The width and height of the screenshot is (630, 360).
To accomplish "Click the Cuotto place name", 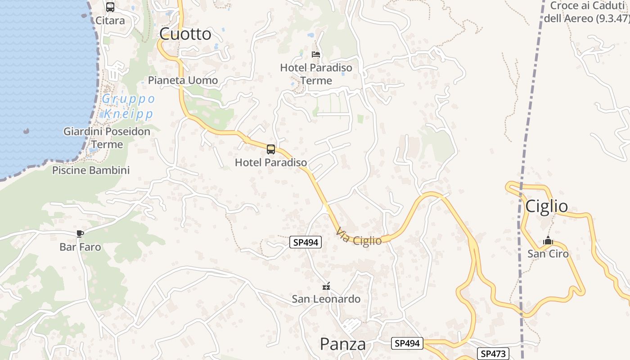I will point(185,34).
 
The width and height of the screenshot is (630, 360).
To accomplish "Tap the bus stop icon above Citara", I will point(110,7).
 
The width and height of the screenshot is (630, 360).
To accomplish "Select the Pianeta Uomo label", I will point(183,81).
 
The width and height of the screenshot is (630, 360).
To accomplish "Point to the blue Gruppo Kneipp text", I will point(128,106).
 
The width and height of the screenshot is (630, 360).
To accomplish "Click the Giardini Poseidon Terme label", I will point(107,138).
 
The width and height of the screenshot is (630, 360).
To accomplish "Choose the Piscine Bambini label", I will point(91,170).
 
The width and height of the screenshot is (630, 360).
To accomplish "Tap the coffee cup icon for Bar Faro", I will point(80,233).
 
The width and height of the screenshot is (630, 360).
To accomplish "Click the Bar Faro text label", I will point(80,247).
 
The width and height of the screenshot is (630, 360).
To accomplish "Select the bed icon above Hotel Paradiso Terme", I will point(316,54).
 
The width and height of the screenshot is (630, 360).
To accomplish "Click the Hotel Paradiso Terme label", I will point(316,74).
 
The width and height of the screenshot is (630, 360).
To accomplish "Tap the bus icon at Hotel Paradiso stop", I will point(271,149).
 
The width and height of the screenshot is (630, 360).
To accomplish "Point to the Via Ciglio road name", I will point(359,237).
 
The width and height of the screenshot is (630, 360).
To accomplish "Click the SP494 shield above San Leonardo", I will point(306,242).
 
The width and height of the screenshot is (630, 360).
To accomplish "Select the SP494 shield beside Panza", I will point(407,343).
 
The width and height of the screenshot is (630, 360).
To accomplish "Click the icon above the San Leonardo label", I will point(326,286).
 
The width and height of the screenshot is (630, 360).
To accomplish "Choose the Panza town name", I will point(342,344).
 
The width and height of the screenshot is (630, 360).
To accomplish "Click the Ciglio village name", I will point(547,206).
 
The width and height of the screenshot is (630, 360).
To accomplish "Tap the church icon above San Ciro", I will point(548,240).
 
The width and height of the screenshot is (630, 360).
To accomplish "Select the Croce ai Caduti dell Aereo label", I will point(586,12).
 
